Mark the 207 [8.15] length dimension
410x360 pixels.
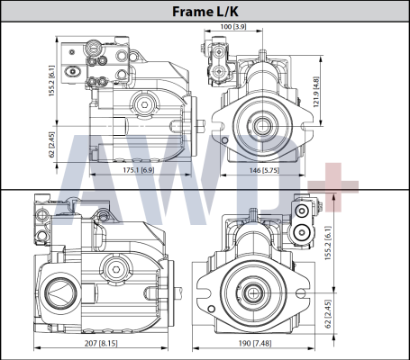pyautogui.click(x=105, y=343)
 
